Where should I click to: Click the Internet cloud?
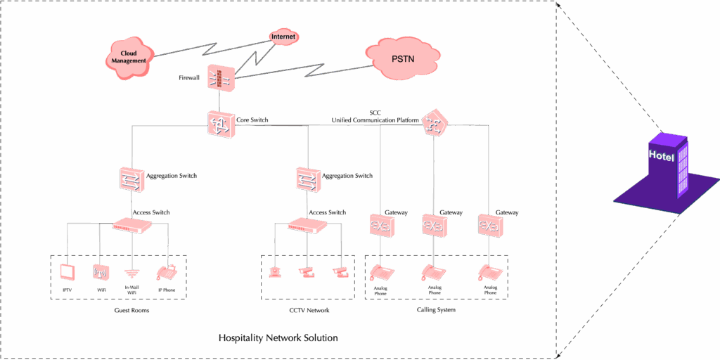tap(283, 37)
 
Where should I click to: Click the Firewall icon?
tap(220, 79)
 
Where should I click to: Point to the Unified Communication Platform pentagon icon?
tap(435, 124)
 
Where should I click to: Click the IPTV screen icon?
tap(67, 272)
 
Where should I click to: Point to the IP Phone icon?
tap(166, 272)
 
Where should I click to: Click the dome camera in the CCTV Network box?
tap(275, 272)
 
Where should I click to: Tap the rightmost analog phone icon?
tap(490, 272)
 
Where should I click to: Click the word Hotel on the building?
tap(662, 155)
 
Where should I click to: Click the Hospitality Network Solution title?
tap(278, 338)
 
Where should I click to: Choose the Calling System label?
tap(436, 310)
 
